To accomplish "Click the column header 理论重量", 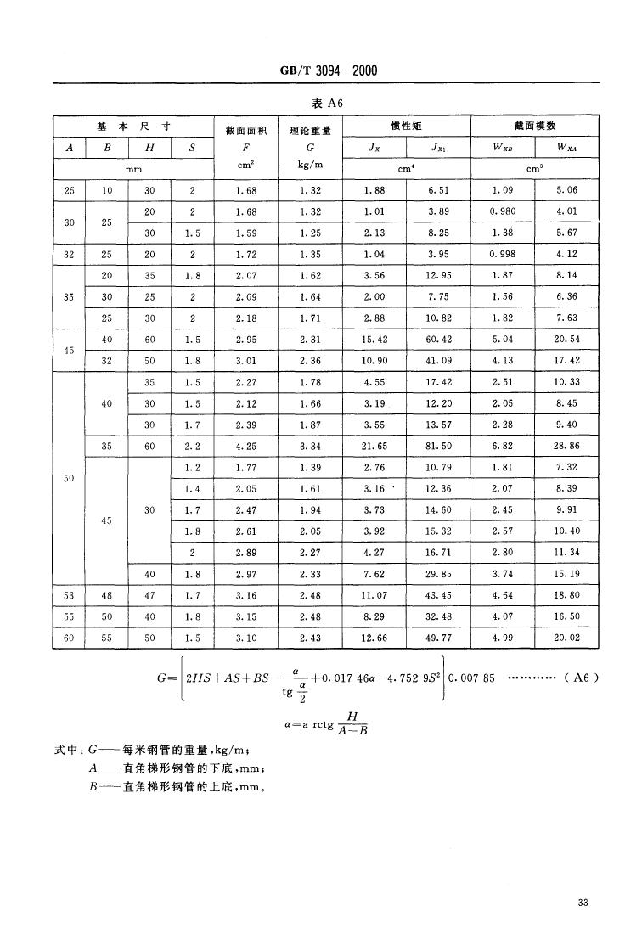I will pyautogui.click(x=309, y=130).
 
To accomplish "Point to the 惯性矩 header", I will pyautogui.click(x=406, y=126).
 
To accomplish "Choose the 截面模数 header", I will pyautogui.click(x=535, y=126).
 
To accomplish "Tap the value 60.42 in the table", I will pyautogui.click(x=438, y=339).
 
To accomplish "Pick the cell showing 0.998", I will pyautogui.click(x=503, y=253).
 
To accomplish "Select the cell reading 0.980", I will pyautogui.click(x=503, y=211).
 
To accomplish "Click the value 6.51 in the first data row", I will pyautogui.click(x=438, y=191).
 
